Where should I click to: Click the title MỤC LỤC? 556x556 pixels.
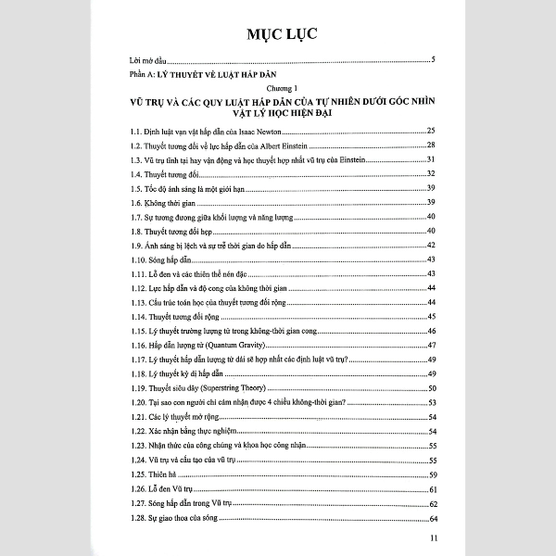tap(278, 35)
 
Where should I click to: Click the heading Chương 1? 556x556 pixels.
tap(278, 86)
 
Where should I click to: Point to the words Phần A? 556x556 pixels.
tap(145, 73)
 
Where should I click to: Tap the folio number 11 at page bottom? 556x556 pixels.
tap(423, 539)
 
